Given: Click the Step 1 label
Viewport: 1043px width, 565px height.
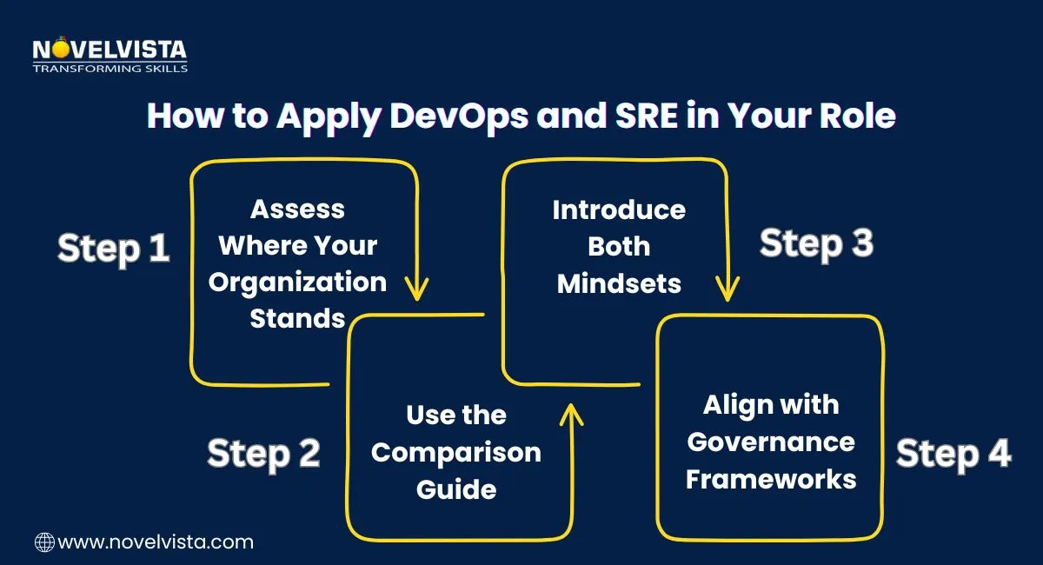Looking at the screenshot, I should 113,249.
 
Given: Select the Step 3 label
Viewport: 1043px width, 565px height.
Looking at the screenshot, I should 816,243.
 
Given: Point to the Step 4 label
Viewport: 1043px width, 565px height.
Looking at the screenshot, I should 953,453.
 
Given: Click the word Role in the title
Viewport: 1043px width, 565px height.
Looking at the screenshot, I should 851,116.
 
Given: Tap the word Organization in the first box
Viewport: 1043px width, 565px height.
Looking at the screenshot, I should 298,282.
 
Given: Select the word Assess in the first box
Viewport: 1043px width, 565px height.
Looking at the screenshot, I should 298,209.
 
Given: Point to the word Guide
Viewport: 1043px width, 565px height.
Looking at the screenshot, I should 456,489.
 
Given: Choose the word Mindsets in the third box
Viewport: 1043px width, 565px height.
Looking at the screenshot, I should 619,282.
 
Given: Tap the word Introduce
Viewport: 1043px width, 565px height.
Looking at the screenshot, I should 619,210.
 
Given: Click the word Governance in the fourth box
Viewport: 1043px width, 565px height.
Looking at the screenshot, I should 771,442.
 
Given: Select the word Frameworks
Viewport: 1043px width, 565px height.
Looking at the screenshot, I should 771,479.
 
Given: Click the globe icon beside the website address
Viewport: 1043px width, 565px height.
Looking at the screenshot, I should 43,542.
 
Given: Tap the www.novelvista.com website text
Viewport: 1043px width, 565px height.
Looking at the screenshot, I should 156,542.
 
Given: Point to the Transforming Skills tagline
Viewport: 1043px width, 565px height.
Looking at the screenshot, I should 110,67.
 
